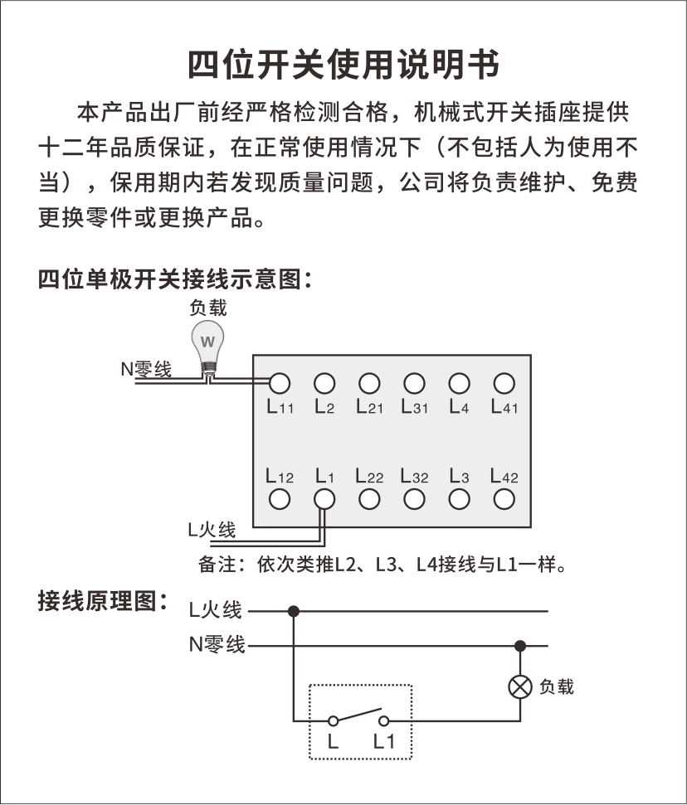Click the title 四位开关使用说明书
(343, 64)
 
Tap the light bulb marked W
(208, 342)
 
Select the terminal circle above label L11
(280, 383)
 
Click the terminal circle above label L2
(324, 383)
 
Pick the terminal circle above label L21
(369, 383)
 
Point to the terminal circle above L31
(414, 383)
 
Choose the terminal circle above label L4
(459, 383)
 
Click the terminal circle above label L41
(504, 383)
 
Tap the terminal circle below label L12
(280, 499)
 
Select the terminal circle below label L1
(324, 499)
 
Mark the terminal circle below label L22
(369, 499)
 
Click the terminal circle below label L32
(414, 499)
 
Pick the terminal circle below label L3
(459, 499)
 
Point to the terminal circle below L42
(504, 499)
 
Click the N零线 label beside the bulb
(146, 370)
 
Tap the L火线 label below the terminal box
(212, 530)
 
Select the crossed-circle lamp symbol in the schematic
(520, 687)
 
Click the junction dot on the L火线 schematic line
(293, 611)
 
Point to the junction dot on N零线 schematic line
(520, 645)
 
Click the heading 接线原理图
(103, 602)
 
